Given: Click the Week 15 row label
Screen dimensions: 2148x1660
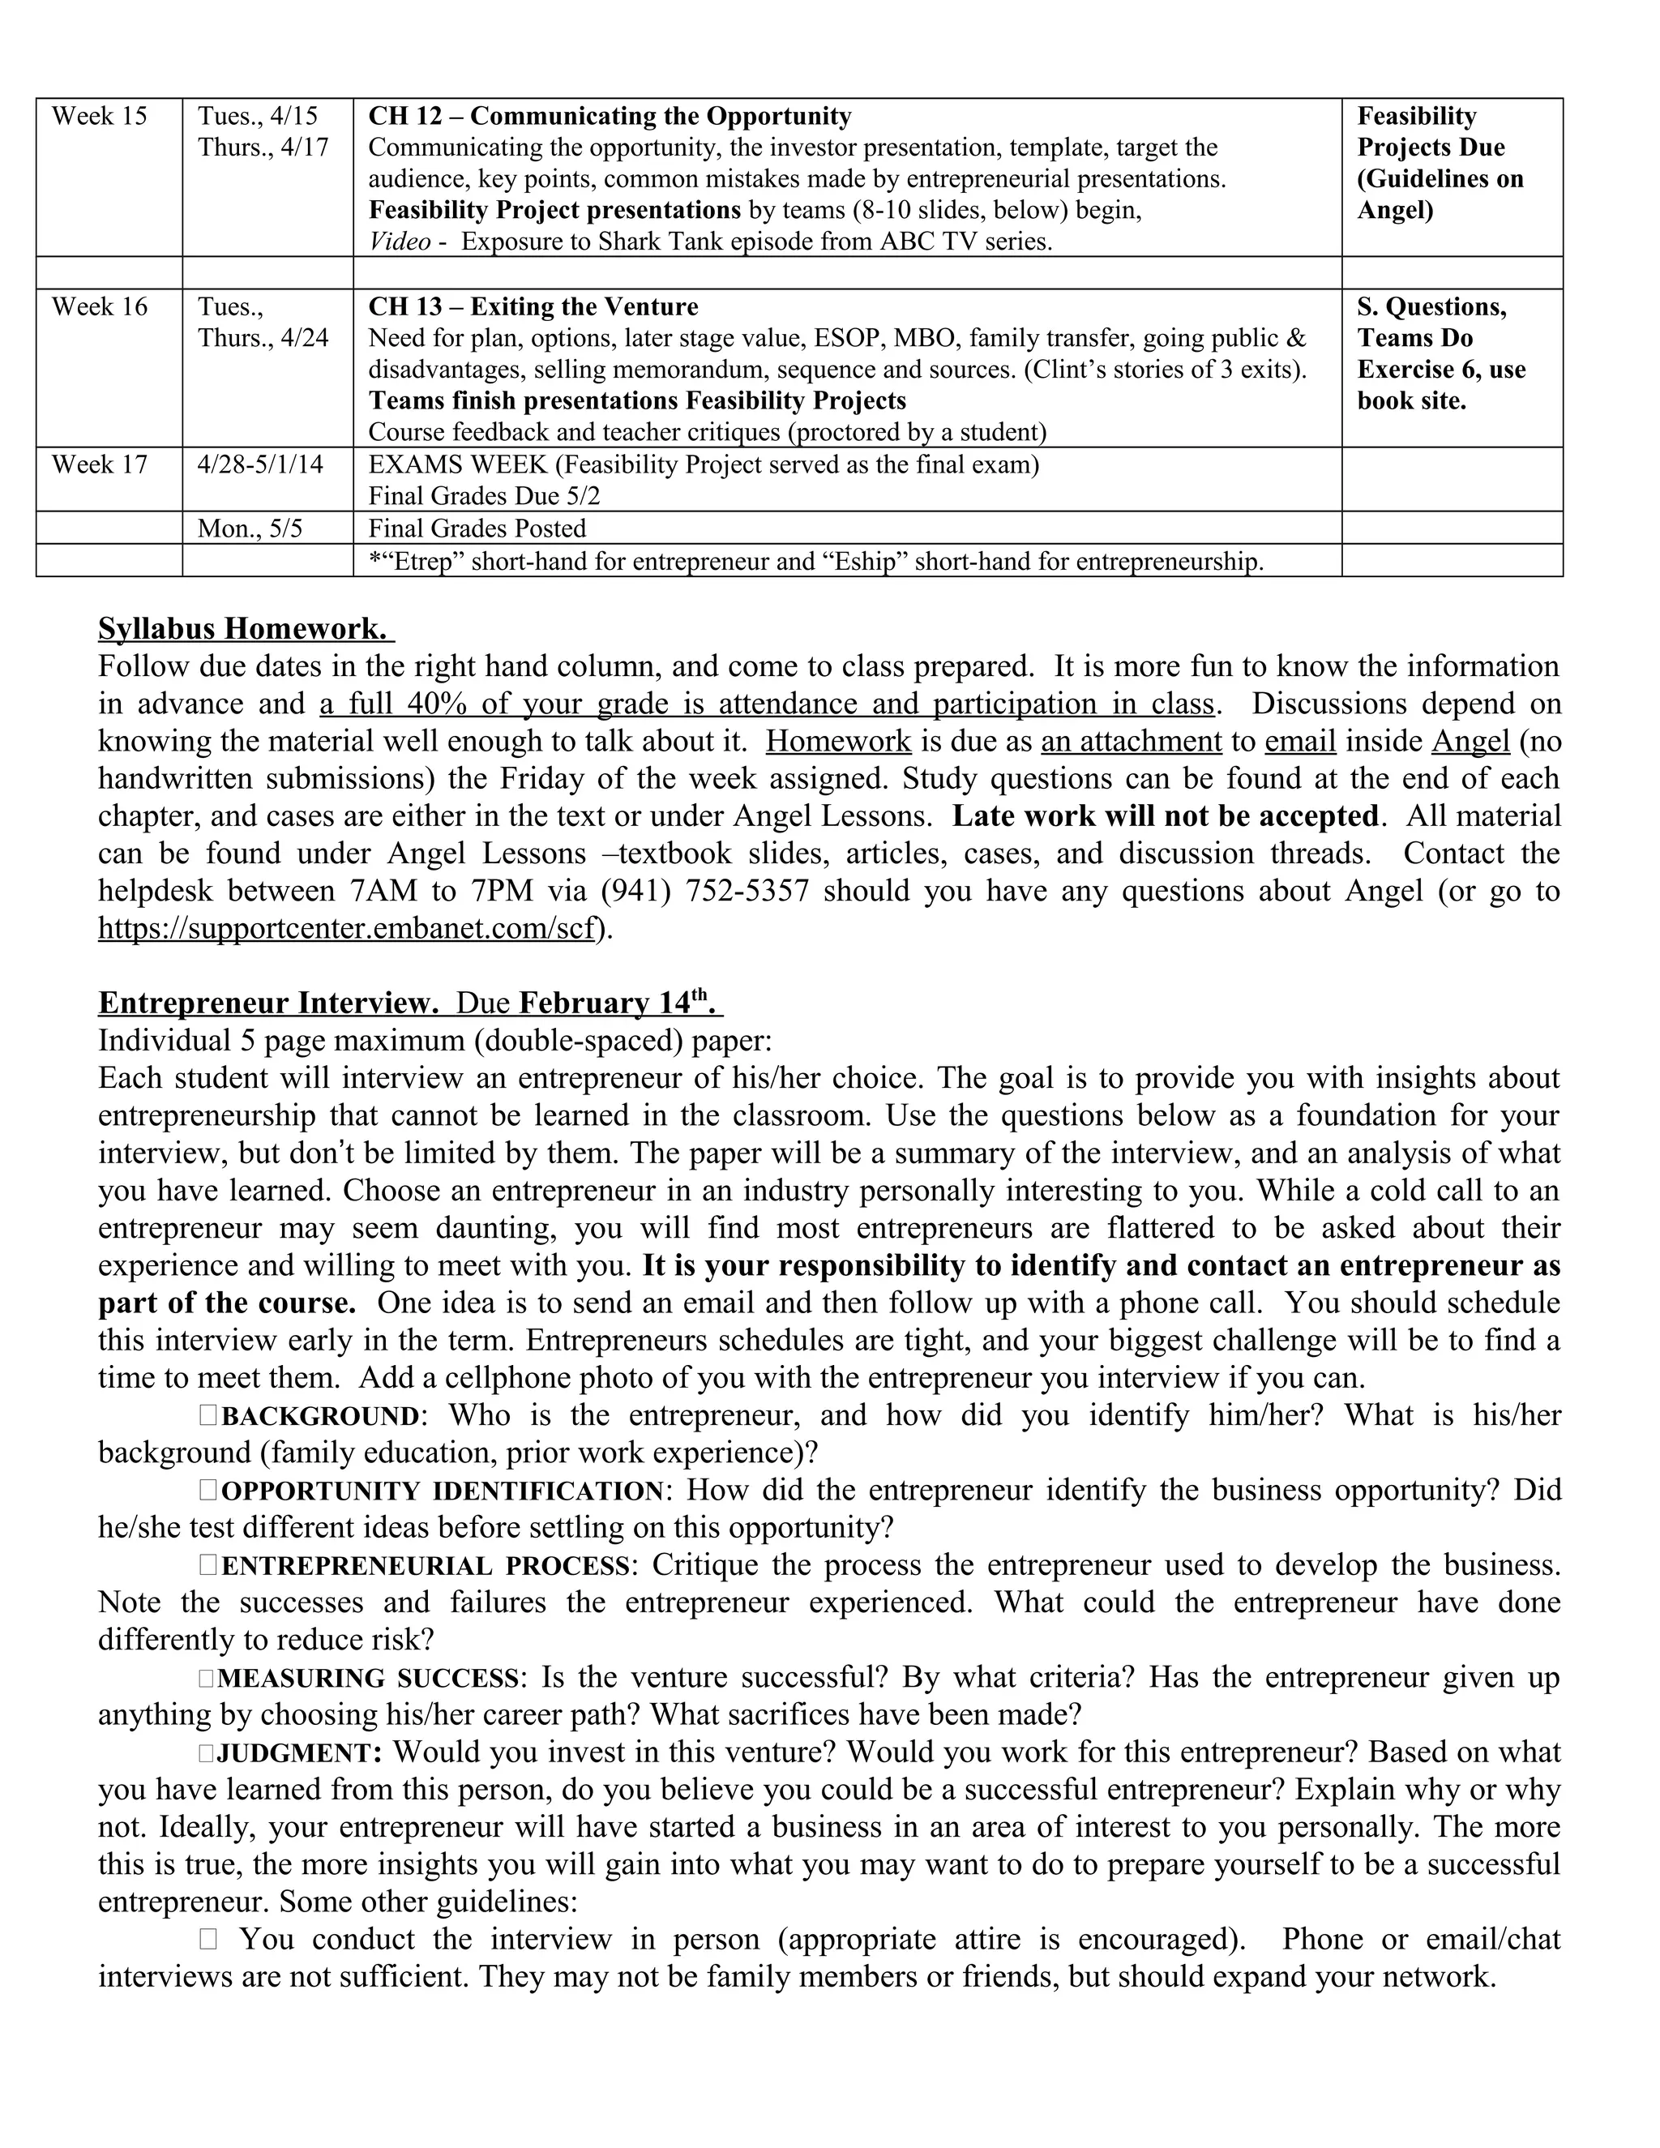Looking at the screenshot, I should point(100,117).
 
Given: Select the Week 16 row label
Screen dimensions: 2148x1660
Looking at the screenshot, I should point(100,307).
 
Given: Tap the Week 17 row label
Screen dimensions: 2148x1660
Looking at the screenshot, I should point(100,464).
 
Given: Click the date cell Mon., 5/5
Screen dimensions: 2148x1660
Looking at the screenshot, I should point(250,529).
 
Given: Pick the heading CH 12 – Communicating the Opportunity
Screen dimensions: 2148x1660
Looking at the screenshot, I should point(609,117).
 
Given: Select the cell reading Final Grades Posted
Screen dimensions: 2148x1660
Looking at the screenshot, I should point(476,529).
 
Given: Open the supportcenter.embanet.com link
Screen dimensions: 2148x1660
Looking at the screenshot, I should point(347,928).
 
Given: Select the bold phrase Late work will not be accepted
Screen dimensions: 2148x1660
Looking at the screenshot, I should point(1166,816).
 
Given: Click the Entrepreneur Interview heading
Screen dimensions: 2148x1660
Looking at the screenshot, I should point(267,1003).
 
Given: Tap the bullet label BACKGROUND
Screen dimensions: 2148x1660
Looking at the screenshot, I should point(321,1416).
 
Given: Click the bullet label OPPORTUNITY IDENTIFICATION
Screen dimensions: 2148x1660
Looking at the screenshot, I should point(443,1491).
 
